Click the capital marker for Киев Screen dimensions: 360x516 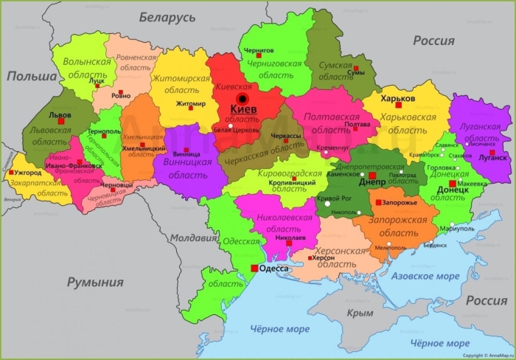[x=242, y=100]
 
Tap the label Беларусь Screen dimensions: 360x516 [x=167, y=17]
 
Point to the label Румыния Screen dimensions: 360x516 [x=95, y=282]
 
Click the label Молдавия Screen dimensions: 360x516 [x=193, y=238]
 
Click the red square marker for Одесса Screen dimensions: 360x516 [x=254, y=269]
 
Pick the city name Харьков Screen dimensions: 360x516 [x=398, y=97]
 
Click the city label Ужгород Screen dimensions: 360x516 [x=27, y=173]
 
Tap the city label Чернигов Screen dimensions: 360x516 [x=258, y=50]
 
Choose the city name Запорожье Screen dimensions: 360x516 [x=401, y=202]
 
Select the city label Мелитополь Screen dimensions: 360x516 [x=390, y=248]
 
